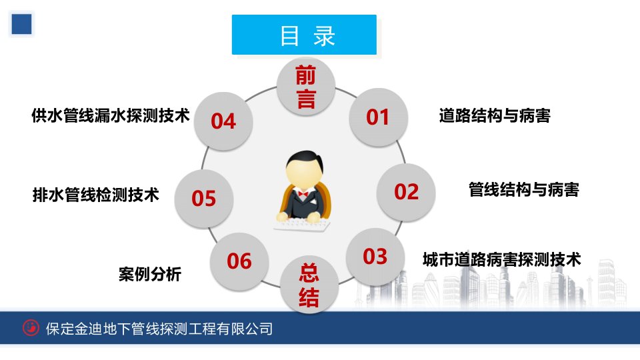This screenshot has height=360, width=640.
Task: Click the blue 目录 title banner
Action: point(304,35)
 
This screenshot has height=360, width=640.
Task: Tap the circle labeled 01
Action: point(379,117)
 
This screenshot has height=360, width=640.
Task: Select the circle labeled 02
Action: point(406,192)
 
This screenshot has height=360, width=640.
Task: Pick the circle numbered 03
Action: point(375,256)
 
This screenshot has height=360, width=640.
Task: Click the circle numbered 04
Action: point(223,121)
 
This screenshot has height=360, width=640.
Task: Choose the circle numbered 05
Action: point(204,199)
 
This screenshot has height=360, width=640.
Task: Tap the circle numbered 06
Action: point(239,261)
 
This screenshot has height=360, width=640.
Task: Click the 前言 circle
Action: point(306,87)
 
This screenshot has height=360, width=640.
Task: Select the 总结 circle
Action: point(309,285)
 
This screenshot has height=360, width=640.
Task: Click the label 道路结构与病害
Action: point(495,116)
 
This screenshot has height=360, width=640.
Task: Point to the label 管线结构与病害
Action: point(524,190)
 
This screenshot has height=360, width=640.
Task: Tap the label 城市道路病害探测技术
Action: point(501,259)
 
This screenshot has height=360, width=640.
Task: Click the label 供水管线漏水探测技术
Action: point(111,115)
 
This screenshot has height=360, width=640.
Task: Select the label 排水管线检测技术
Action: point(95,195)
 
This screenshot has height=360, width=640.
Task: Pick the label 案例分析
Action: point(150,274)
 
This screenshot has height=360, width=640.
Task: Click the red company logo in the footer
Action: point(31,328)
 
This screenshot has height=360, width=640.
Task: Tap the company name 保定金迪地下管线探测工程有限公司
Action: point(159,329)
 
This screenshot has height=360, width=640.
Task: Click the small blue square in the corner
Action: point(21,24)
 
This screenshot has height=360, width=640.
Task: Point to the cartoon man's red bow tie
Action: point(303,194)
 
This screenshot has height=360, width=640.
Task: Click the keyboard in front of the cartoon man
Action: point(302,226)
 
